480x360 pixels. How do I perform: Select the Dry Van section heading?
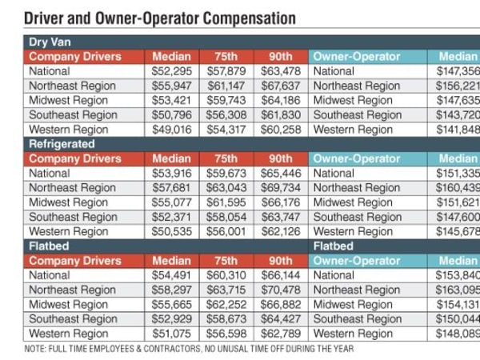coord(50,42)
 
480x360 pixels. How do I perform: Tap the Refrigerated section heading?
coord(62,144)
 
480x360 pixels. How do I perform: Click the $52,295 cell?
coord(171,71)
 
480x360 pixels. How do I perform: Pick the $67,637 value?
coord(280,86)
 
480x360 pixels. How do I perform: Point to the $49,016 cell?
coord(171,130)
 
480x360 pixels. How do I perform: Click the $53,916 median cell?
coord(171,173)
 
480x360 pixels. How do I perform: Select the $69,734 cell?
coord(280,188)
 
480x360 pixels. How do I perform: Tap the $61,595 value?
coord(226,202)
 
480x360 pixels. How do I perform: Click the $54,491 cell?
coord(171,275)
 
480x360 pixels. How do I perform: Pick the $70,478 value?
coord(280,290)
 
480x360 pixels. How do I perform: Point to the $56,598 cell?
coord(226,334)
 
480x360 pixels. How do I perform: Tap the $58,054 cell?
coord(226,217)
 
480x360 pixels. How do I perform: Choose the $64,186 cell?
coord(280,100)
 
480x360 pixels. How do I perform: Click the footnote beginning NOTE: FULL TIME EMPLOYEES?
coord(189,349)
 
